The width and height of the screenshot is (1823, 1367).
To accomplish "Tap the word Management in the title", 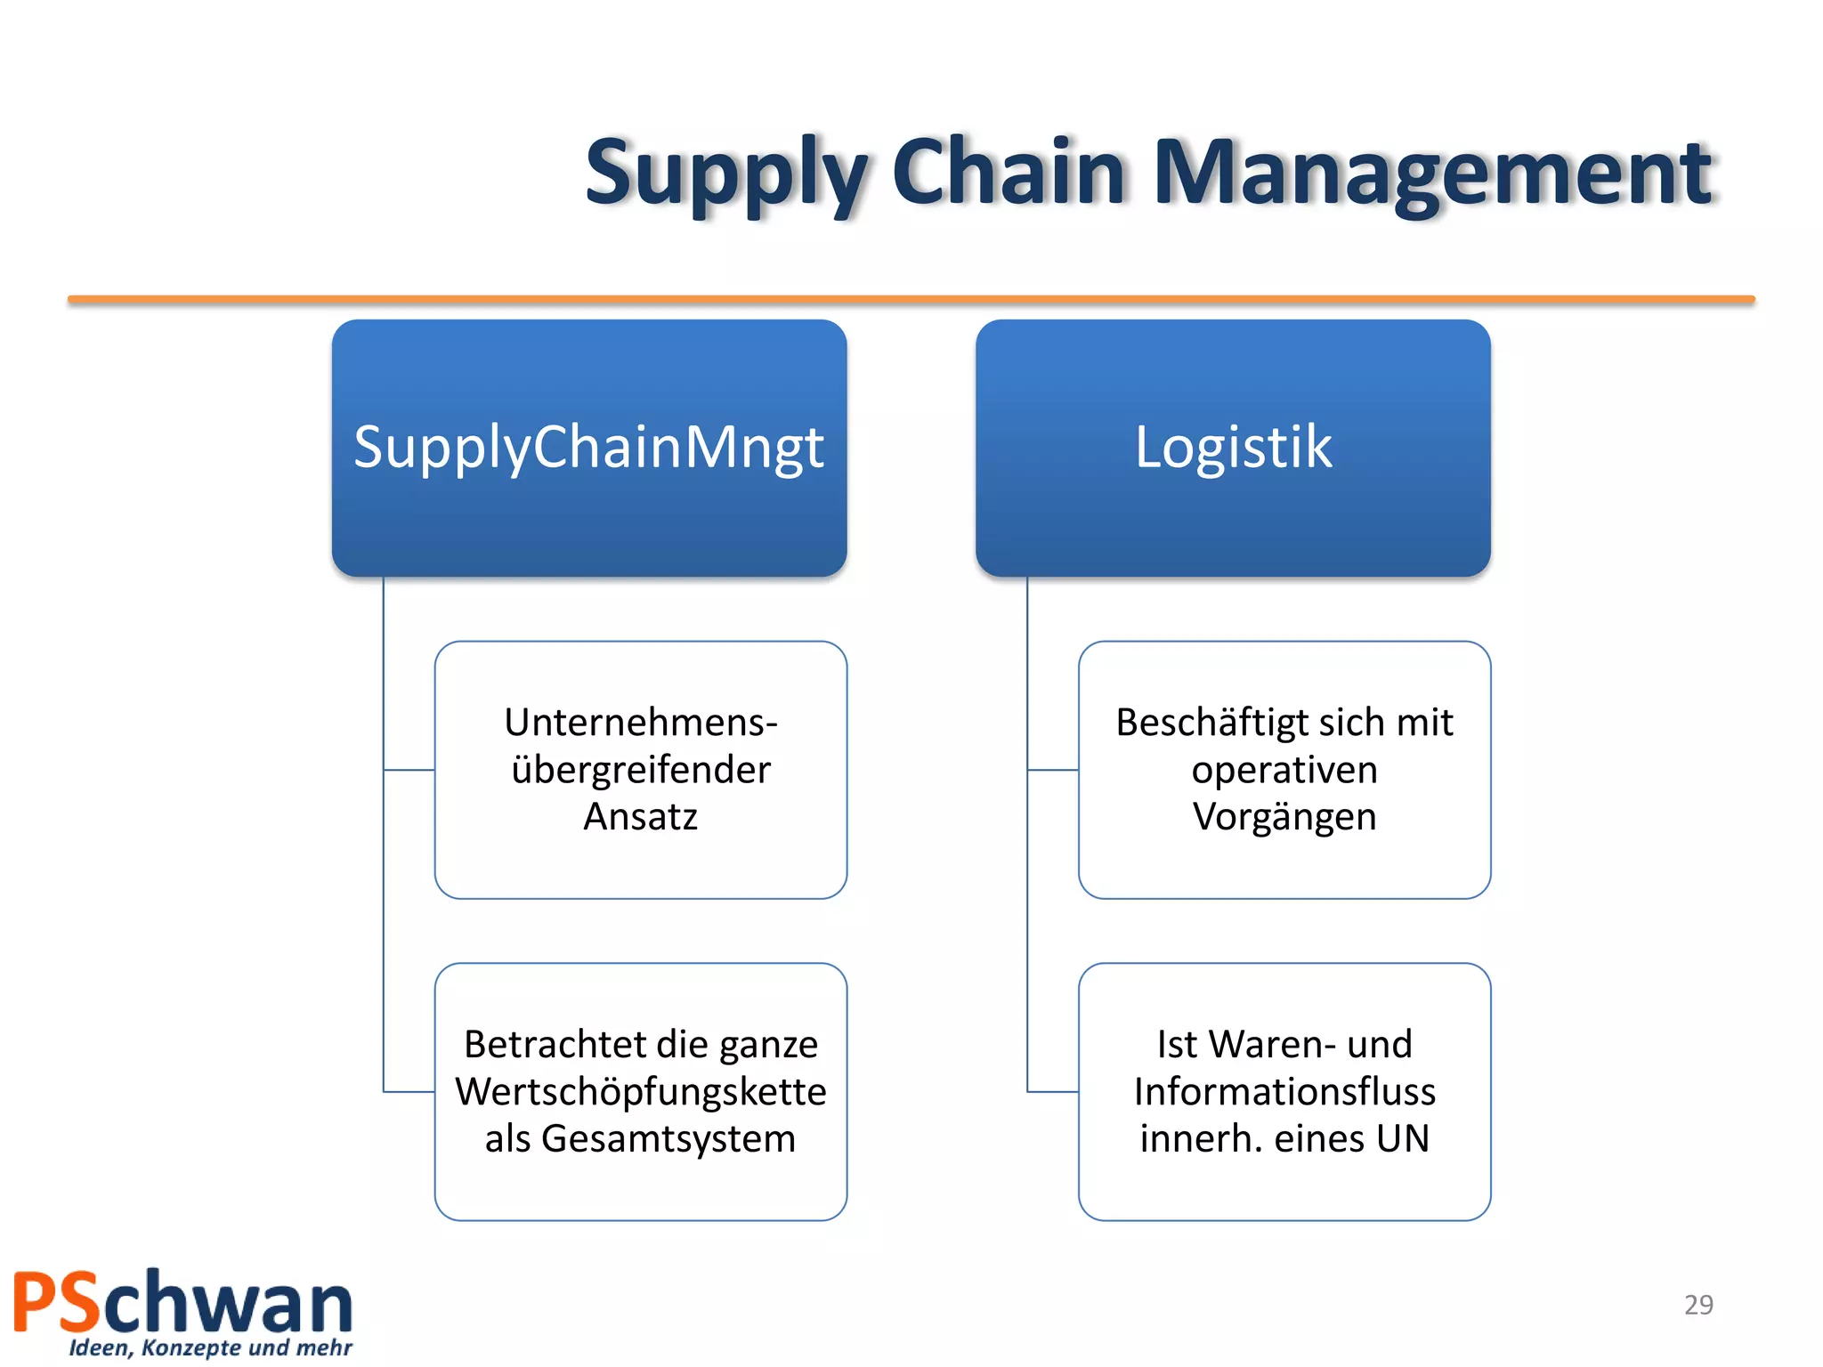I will point(1432,174).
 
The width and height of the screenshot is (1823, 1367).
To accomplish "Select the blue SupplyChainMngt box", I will point(588,447).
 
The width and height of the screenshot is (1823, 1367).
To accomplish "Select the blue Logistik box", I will point(1233,447).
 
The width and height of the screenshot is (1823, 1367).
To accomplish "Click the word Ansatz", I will point(640,817).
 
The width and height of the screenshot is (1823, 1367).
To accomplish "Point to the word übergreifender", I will point(640,770).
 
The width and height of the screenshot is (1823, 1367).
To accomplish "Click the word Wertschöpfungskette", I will point(640,1092).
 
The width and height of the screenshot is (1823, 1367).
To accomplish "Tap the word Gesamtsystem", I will point(668,1139).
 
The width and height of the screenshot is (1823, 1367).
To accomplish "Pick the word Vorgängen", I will point(1284,817).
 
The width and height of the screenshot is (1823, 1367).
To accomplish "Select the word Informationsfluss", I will point(1284,1092).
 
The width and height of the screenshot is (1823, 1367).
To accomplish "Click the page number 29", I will point(1697,1305).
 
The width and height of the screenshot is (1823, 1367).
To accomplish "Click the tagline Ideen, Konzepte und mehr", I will point(210,1348).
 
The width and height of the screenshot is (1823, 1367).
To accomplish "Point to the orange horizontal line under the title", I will point(911,300).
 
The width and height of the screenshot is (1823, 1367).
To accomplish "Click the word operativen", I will point(1284,770).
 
